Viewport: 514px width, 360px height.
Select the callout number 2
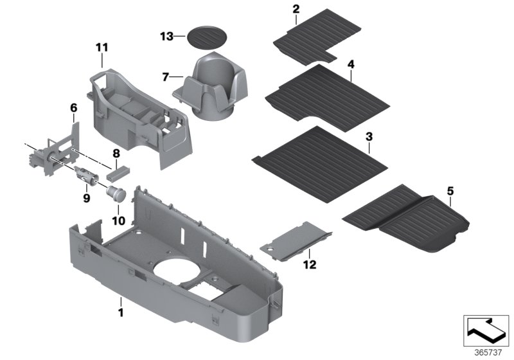click(296, 9)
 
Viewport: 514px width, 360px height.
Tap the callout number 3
click(368, 136)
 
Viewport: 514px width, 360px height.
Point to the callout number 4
click(351, 65)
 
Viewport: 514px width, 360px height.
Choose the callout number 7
click(166, 77)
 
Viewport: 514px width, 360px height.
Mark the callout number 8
click(116, 153)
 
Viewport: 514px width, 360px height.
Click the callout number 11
click(103, 48)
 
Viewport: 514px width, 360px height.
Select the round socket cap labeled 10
click(116, 193)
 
